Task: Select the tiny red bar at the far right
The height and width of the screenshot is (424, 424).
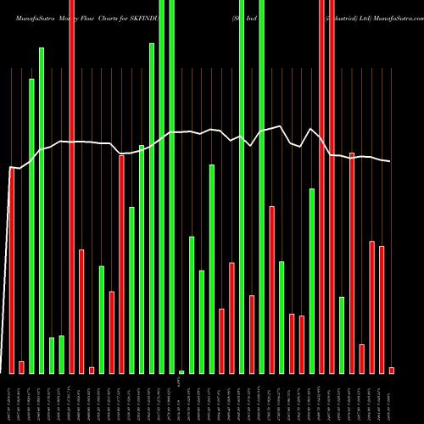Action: tap(392, 370)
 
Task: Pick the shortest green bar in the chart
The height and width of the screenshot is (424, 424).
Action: tap(181, 371)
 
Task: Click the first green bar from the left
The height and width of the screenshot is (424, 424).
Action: tap(32, 226)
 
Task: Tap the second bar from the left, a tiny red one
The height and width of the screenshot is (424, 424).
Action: tap(22, 367)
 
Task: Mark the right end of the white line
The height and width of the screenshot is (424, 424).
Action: tap(391, 161)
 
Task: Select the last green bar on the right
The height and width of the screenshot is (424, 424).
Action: tap(342, 335)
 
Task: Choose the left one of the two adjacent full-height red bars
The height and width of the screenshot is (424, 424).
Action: tap(321, 187)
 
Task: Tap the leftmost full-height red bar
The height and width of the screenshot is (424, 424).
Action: tap(72, 187)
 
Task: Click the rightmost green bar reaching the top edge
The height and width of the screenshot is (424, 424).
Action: tap(262, 187)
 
